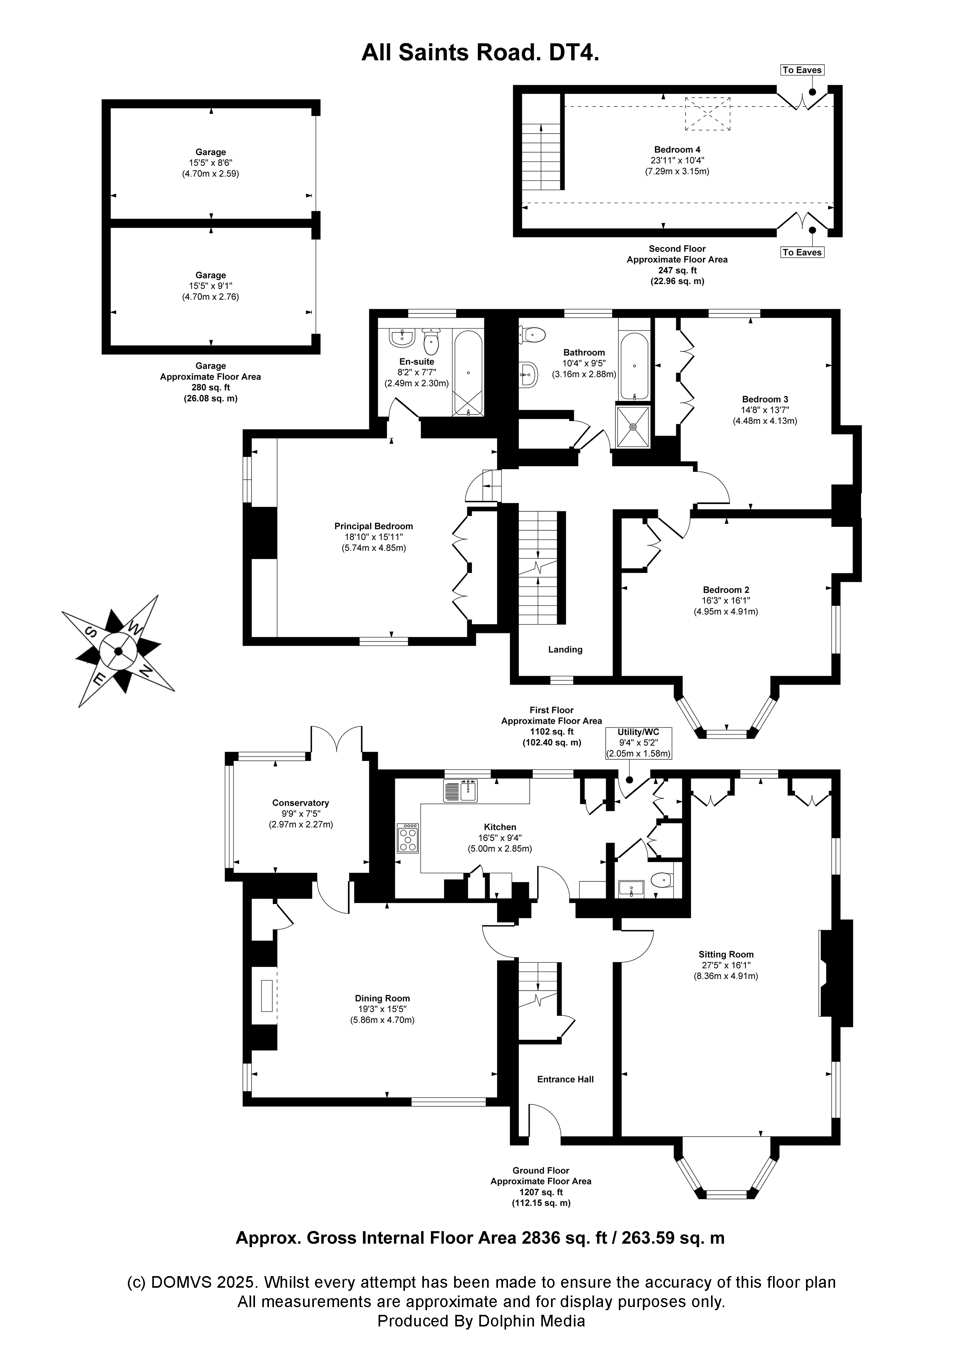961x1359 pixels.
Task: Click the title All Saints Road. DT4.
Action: (480, 53)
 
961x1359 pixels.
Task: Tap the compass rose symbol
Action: (118, 651)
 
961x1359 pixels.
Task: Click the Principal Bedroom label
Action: (374, 526)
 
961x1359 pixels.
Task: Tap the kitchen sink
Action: (461, 791)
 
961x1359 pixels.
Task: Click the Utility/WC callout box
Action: (638, 743)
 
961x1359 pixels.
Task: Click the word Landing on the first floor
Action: (565, 649)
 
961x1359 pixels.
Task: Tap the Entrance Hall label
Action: (565, 1079)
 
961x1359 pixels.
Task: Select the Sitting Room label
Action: (726, 954)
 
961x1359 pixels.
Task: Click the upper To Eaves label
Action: (802, 70)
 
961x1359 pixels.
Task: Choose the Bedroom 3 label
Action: (765, 399)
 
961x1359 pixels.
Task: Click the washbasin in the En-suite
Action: (402, 339)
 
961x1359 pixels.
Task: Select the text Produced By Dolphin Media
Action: (481, 1321)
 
